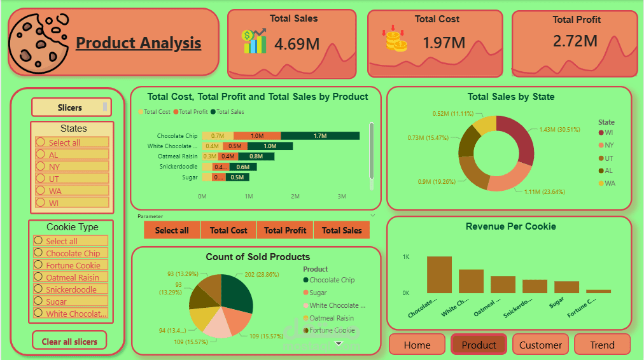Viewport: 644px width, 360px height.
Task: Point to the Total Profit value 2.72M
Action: click(x=575, y=41)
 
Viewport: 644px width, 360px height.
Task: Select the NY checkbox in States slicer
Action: click(x=40, y=167)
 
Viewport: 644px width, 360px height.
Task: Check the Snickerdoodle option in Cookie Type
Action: click(x=39, y=289)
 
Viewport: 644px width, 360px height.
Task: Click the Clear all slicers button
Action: click(x=69, y=341)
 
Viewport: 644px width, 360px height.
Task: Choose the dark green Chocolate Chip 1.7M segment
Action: click(x=319, y=135)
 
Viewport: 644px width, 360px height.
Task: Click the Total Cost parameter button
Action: click(x=228, y=230)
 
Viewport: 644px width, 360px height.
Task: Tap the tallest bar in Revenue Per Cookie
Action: click(x=439, y=275)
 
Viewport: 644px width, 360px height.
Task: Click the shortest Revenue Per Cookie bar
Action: click(x=598, y=291)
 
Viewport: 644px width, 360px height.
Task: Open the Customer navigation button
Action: click(x=540, y=345)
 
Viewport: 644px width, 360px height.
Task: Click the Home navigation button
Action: click(x=417, y=345)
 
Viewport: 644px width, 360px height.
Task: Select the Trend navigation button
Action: click(x=601, y=345)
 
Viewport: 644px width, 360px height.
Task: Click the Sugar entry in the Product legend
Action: click(x=318, y=293)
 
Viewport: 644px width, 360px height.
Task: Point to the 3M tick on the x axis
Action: click(x=342, y=196)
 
